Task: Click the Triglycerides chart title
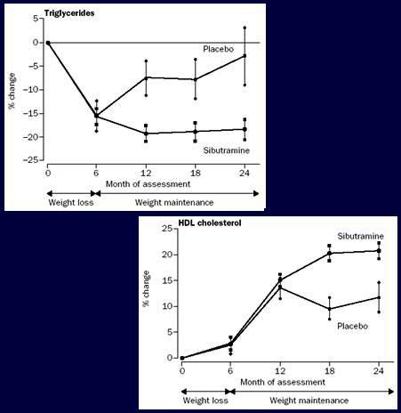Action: point(69,13)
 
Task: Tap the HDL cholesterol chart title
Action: point(210,223)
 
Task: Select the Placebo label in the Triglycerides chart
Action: point(219,49)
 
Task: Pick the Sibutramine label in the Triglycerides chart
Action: point(226,150)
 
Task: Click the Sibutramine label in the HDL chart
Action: point(360,237)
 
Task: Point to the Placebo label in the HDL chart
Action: point(353,327)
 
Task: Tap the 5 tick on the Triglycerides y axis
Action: point(36,19)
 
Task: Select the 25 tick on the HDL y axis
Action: point(167,229)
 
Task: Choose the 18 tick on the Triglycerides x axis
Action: point(196,173)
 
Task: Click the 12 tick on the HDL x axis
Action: point(280,371)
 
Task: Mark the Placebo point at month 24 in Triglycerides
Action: point(245,55)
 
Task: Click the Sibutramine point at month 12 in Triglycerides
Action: point(146,134)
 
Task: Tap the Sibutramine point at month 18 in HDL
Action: point(329,253)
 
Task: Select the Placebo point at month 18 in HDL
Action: point(329,309)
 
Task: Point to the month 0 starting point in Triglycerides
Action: point(48,43)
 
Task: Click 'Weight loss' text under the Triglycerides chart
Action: point(71,203)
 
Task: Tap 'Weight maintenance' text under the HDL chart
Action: point(309,401)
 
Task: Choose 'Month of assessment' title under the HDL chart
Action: point(283,382)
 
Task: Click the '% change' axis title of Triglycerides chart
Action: point(12,91)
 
